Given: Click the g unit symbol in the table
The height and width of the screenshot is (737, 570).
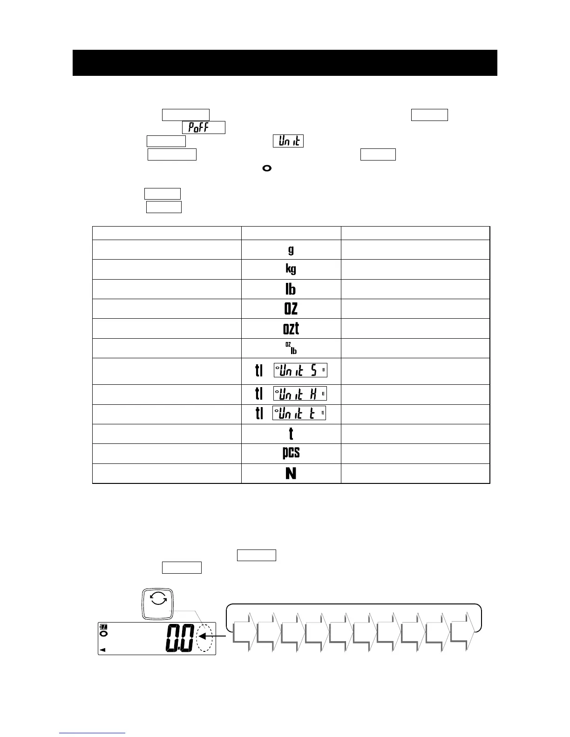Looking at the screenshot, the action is [291, 250].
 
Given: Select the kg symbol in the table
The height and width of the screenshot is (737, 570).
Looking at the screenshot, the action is [291, 269].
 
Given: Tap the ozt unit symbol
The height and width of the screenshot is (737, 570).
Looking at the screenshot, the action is [291, 328].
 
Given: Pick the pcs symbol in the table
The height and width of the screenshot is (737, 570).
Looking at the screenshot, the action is [291, 453].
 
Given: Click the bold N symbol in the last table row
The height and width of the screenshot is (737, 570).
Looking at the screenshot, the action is [291, 474].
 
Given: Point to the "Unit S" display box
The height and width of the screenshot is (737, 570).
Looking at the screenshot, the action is [300, 370].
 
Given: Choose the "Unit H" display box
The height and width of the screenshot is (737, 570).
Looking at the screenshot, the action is [300, 394].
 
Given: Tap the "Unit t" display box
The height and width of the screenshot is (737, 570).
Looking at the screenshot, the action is [299, 413].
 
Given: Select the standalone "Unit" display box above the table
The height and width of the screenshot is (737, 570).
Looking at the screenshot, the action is [288, 141].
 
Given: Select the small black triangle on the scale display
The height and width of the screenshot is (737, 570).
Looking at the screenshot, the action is [103, 650].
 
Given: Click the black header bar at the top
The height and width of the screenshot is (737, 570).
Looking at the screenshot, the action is [285, 63].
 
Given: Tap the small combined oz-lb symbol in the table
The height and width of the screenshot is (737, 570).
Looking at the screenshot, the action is [291, 348].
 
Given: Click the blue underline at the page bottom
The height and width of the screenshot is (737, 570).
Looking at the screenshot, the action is [92, 733].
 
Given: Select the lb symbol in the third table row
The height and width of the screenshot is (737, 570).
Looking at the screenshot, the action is [291, 289].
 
